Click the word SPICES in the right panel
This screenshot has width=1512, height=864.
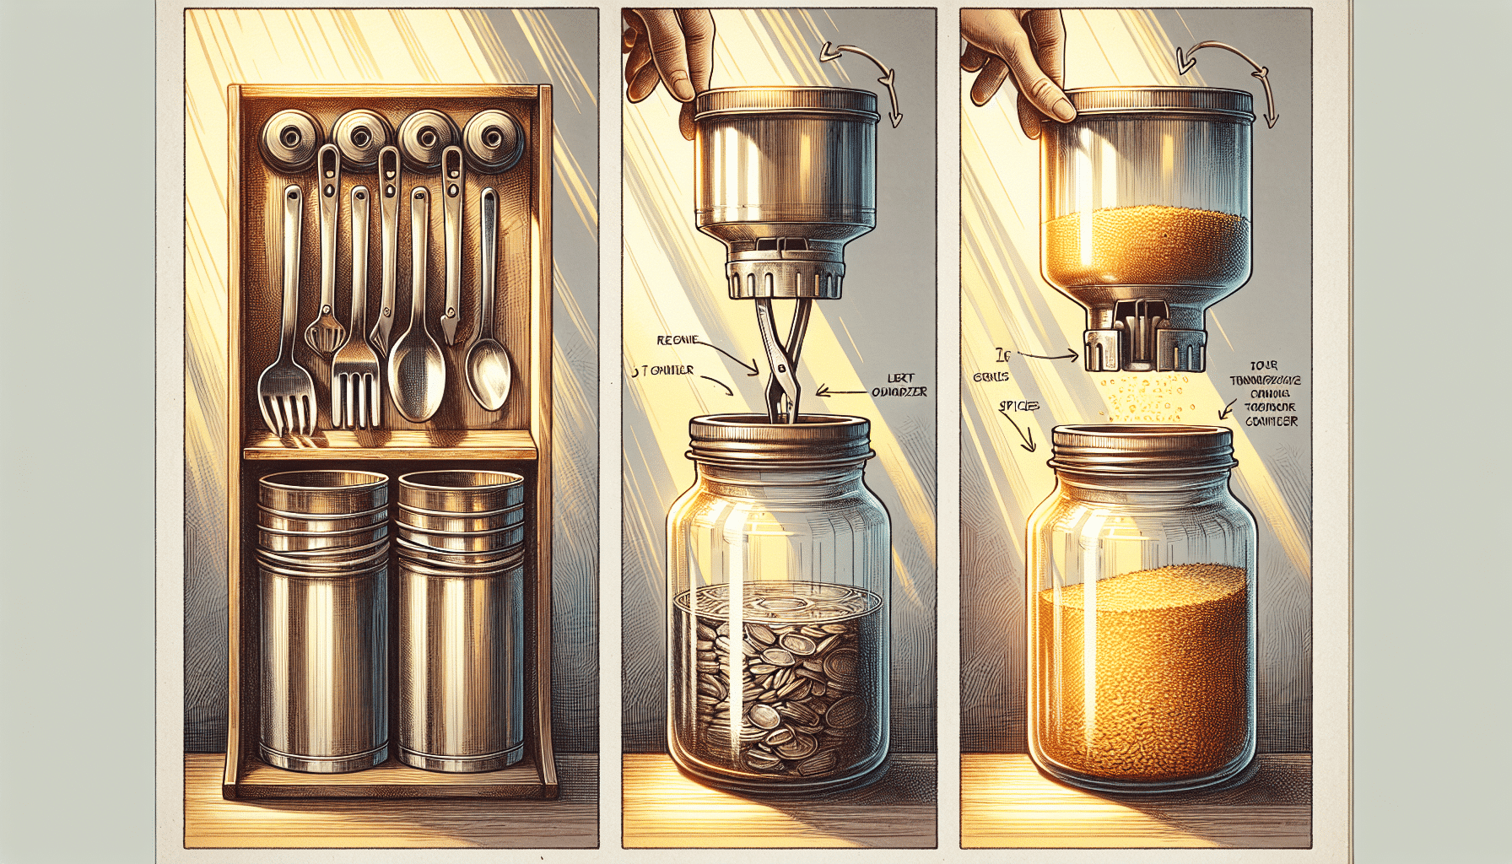point(1018,407)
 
